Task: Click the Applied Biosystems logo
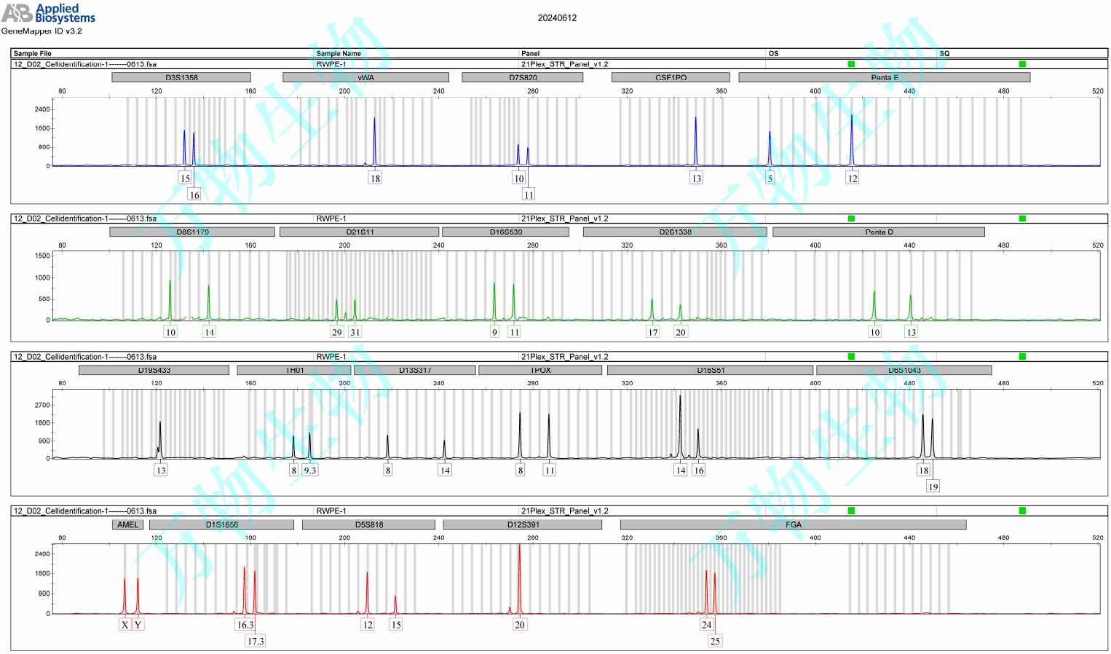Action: (x=48, y=13)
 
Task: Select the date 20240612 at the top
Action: (x=557, y=18)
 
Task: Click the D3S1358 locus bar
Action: (x=181, y=77)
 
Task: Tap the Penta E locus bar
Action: (x=884, y=77)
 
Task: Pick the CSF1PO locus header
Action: (x=671, y=77)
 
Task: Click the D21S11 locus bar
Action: (x=360, y=232)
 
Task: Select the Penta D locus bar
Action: (x=878, y=232)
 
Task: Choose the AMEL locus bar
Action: (x=127, y=524)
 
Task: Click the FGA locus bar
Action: (x=793, y=524)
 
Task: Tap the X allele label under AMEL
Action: (x=124, y=625)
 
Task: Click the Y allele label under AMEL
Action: (x=138, y=625)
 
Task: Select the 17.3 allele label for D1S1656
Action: (x=256, y=641)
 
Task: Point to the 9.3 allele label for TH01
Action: (x=310, y=470)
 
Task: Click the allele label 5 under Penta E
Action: (x=770, y=178)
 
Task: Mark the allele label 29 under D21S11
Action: (x=336, y=332)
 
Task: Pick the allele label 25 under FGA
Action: (x=715, y=641)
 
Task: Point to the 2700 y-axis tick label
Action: (x=42, y=405)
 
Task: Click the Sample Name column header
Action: (x=339, y=53)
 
